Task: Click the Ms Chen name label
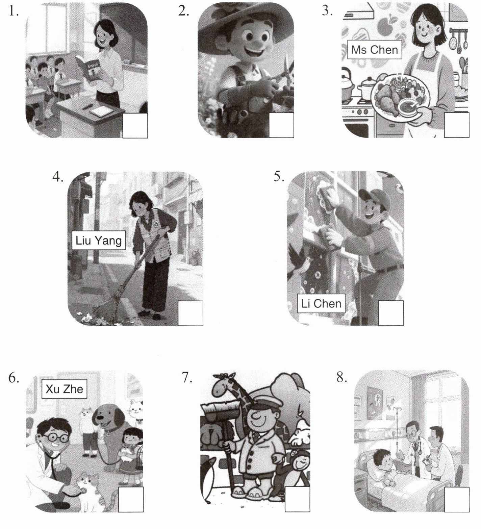tap(375, 50)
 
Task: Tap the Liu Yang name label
tap(99, 241)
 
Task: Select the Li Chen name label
tap(321, 303)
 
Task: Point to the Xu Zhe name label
tap(64, 389)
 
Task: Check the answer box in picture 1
tap(135, 126)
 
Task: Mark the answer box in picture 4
tap(191, 313)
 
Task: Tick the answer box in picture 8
tap(457, 500)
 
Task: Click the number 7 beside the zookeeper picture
tap(187, 377)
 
